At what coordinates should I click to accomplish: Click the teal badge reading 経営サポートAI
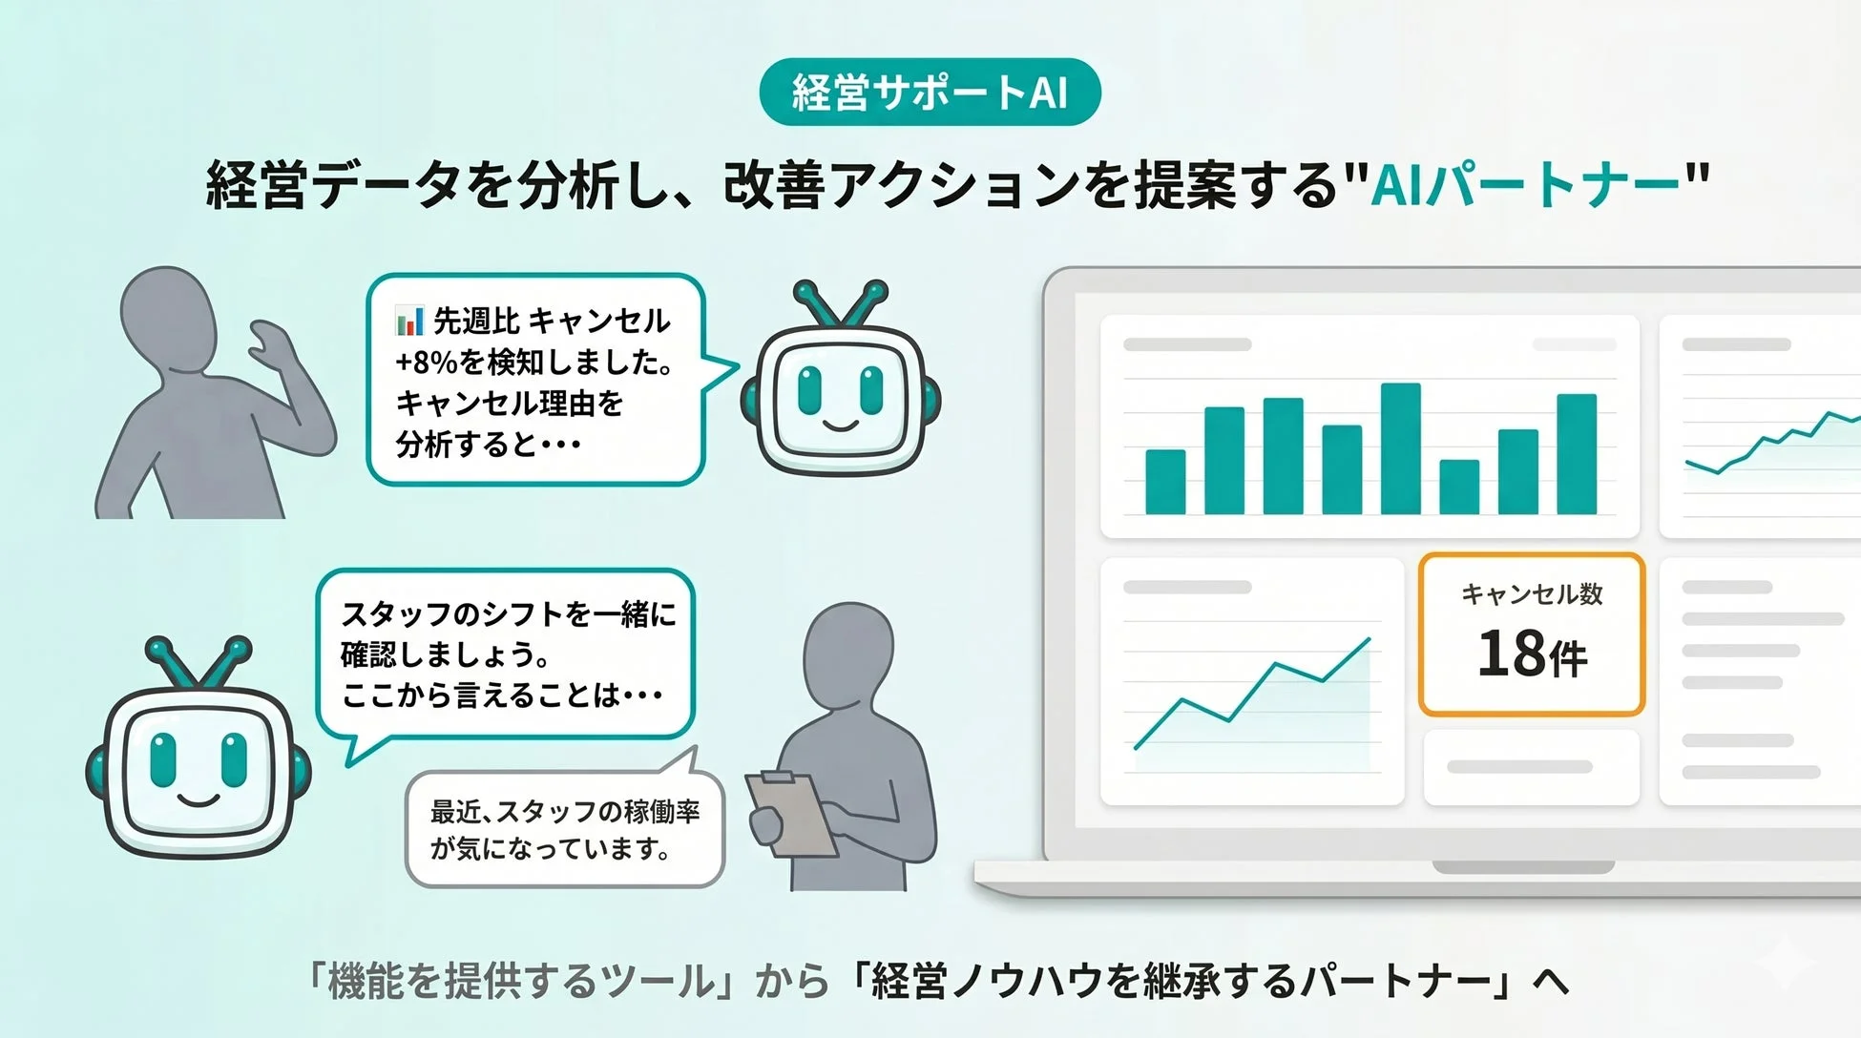[x=930, y=93]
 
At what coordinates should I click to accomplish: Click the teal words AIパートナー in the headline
[x=1524, y=184]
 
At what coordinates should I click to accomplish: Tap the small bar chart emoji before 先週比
[x=409, y=321]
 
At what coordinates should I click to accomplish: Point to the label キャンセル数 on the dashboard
[x=1532, y=594]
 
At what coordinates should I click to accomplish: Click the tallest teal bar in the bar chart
[x=1400, y=448]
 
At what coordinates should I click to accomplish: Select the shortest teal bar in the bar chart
[x=1459, y=487]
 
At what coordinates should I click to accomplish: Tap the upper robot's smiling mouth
[x=840, y=426]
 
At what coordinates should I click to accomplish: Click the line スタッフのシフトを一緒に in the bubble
[x=508, y=613]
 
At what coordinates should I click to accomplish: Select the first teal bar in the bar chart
[x=1165, y=482]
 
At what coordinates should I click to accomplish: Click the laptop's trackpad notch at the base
[x=1523, y=867]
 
